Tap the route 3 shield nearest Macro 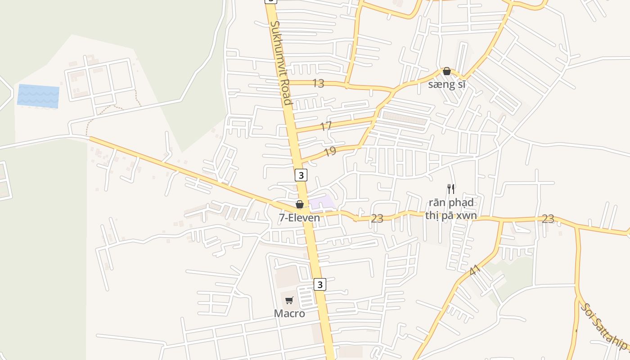click(x=319, y=284)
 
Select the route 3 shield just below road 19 click(x=301, y=175)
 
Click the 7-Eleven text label click(x=299, y=218)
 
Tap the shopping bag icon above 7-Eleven click(x=300, y=205)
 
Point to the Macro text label click(x=289, y=314)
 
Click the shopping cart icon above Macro click(x=289, y=300)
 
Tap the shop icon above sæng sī click(x=447, y=71)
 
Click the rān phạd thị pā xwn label click(x=450, y=209)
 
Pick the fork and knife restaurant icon click(x=451, y=189)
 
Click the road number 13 click(x=318, y=83)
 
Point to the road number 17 click(x=326, y=126)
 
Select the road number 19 click(x=330, y=151)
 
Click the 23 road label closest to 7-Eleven click(x=377, y=219)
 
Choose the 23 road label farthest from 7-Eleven click(x=548, y=219)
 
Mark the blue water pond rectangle click(x=38, y=96)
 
